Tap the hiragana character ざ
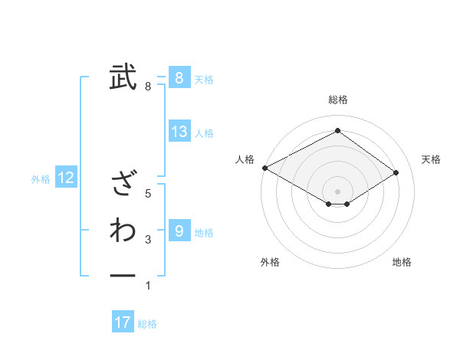[x=123, y=184]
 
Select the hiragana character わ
[x=123, y=230]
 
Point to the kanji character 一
[x=123, y=274]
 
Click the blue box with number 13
[x=179, y=132]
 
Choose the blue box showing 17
[x=123, y=322]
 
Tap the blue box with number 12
[x=66, y=178]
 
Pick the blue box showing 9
[x=179, y=231]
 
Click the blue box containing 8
[x=179, y=78]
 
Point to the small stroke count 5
[x=148, y=194]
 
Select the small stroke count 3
[x=148, y=241]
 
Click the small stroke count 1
[x=148, y=286]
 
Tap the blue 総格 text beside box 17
[x=147, y=324]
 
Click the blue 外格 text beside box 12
[x=41, y=179]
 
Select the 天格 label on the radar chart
[x=431, y=159]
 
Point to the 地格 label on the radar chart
[x=402, y=262]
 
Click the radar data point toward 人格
[x=264, y=167]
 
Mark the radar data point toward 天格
[x=396, y=172]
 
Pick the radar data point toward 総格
[x=337, y=131]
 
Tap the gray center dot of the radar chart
[x=337, y=191]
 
